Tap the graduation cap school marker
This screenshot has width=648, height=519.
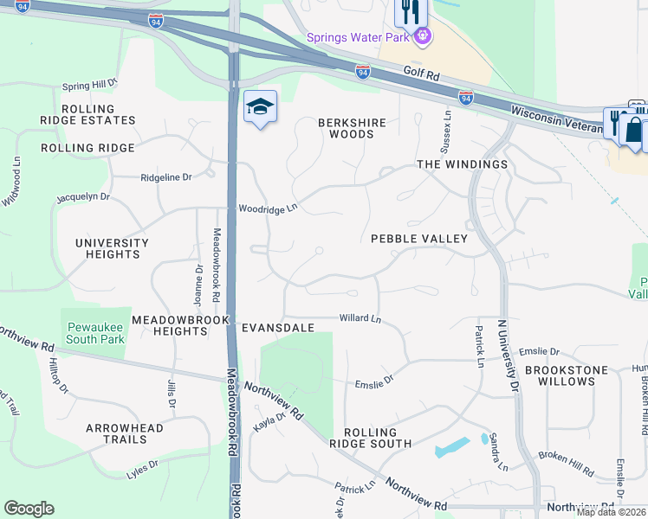(260, 107)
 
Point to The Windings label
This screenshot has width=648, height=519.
(462, 164)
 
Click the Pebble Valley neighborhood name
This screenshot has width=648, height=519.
(419, 239)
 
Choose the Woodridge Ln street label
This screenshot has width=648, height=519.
(268, 208)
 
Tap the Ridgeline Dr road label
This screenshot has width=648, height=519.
(165, 177)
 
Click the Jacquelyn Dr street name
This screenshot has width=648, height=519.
(83, 197)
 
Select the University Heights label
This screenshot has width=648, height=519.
(113, 248)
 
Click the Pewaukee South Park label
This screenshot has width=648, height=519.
(95, 333)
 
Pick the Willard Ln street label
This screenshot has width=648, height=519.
(360, 319)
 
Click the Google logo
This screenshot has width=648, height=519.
(29, 509)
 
